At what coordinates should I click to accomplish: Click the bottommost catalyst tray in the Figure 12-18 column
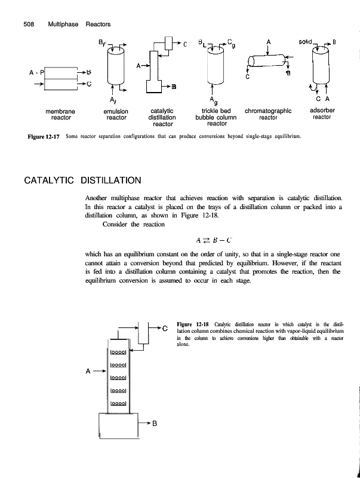pyautogui.click(x=120, y=403)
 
